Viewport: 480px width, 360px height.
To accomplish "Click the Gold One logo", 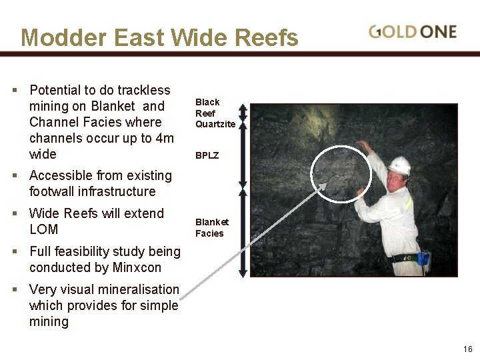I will pyautogui.click(x=413, y=31).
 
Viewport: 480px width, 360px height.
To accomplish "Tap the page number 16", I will pyautogui.click(x=467, y=349).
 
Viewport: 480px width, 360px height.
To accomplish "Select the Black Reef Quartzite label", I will pyautogui.click(x=215, y=113).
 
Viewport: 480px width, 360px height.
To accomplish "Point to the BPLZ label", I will pyautogui.click(x=207, y=155).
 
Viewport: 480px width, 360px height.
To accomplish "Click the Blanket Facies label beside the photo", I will pyautogui.click(x=211, y=227).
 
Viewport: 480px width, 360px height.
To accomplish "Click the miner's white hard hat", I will pyautogui.click(x=399, y=165).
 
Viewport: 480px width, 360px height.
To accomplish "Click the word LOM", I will pyautogui.click(x=44, y=229).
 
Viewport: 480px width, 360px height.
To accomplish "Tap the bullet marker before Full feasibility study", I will pyautogui.click(x=15, y=252).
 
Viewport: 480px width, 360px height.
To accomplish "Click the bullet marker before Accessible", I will pyautogui.click(x=15, y=176).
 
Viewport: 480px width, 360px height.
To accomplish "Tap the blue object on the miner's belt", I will pyautogui.click(x=423, y=259).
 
